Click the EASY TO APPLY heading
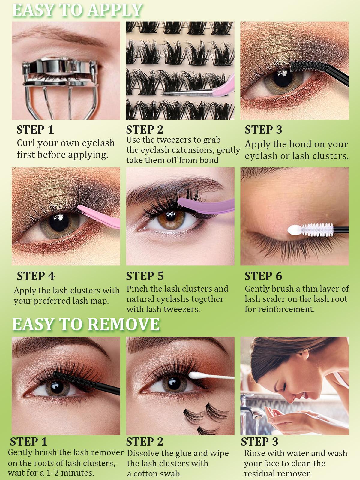[77, 10]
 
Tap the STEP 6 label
[263, 276]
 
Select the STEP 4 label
[36, 276]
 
